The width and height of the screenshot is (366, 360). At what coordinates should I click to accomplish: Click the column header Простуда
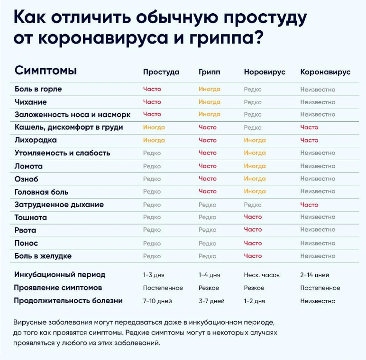click(x=161, y=72)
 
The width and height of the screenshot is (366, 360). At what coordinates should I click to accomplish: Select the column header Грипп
click(x=209, y=72)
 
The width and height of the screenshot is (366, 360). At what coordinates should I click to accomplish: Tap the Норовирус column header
click(x=265, y=72)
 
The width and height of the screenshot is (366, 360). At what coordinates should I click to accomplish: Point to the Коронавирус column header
click(x=325, y=72)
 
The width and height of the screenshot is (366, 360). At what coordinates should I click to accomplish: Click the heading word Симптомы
click(x=46, y=71)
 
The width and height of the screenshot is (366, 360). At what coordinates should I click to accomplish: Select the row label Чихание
click(x=31, y=102)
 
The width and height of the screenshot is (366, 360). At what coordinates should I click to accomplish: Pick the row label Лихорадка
click(x=36, y=140)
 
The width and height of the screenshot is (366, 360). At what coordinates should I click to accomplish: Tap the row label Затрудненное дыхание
click(x=59, y=205)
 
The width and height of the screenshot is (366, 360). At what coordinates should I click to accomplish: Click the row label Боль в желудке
click(x=43, y=256)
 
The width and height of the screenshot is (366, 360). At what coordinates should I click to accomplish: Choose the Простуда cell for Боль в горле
click(x=152, y=89)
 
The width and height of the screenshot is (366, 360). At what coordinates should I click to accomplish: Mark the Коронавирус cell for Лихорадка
click(x=309, y=140)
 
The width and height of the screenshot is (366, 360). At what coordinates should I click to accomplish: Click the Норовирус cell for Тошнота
click(x=253, y=217)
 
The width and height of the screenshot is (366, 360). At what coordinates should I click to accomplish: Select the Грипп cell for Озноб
click(x=208, y=179)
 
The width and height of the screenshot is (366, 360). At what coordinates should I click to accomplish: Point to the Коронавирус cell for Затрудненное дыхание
click(x=309, y=205)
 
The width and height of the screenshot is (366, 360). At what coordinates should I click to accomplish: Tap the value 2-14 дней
click(x=315, y=275)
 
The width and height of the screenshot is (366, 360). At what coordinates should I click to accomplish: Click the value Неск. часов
click(x=262, y=275)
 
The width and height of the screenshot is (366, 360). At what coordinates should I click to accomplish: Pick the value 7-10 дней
click(x=157, y=301)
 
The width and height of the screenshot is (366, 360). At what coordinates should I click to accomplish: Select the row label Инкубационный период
click(x=60, y=275)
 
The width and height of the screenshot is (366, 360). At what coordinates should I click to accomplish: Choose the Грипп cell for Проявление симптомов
click(x=209, y=288)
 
